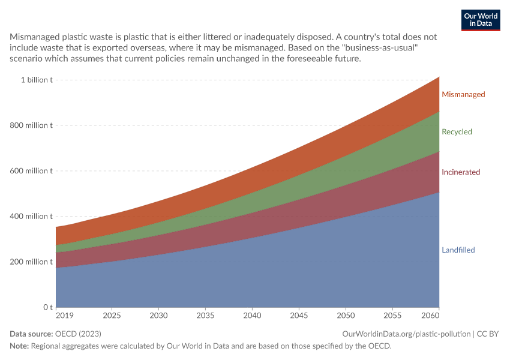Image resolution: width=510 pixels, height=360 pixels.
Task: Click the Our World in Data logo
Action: [x=481, y=20]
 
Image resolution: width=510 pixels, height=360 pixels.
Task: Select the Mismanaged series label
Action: [x=463, y=94]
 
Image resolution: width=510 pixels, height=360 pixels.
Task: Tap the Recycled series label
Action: [x=457, y=132]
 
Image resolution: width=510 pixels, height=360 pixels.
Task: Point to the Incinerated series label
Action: [x=461, y=172]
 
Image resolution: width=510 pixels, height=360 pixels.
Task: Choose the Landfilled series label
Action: [x=458, y=250]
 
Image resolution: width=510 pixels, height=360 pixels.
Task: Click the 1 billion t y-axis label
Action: [x=37, y=80]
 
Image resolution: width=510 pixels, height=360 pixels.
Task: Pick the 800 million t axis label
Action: [x=31, y=125]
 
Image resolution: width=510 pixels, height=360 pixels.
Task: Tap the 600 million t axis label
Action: [x=31, y=171]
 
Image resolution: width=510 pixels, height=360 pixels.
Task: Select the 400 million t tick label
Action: [x=31, y=216]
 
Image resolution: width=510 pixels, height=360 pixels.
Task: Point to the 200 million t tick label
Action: [x=31, y=262]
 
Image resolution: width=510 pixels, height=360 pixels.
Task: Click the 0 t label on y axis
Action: [x=48, y=307]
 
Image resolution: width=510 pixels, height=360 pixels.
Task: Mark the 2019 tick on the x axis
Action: [x=65, y=316]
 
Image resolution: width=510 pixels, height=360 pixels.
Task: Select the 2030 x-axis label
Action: [x=158, y=316]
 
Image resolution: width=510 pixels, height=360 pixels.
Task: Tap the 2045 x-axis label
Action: [x=299, y=316]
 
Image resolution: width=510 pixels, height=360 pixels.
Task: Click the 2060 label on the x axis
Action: [x=430, y=316]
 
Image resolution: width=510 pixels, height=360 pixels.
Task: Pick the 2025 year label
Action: [x=112, y=316]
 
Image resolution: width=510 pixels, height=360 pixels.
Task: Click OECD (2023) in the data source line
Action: [x=78, y=334]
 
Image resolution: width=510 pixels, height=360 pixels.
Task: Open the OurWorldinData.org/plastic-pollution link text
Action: [x=406, y=334]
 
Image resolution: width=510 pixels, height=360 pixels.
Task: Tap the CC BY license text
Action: [x=488, y=334]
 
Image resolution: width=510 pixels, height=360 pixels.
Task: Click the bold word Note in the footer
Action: [x=19, y=346]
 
